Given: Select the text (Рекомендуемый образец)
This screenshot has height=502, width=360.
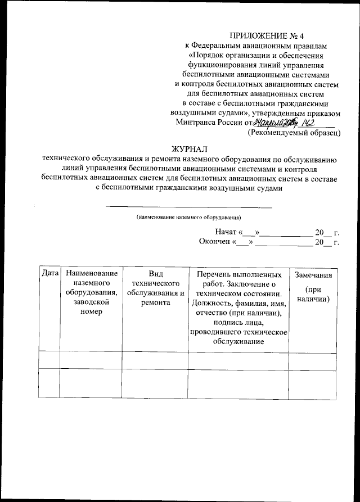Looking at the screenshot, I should point(294,134).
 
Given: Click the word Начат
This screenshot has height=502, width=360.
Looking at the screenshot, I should point(227,232).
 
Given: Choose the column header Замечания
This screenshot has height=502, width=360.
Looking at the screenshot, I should point(313,275).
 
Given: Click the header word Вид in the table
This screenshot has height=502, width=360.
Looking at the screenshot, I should point(156,274).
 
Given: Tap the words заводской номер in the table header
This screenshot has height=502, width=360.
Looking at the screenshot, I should point(91,307).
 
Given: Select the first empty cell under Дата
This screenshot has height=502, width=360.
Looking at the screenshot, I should point(50,360).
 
